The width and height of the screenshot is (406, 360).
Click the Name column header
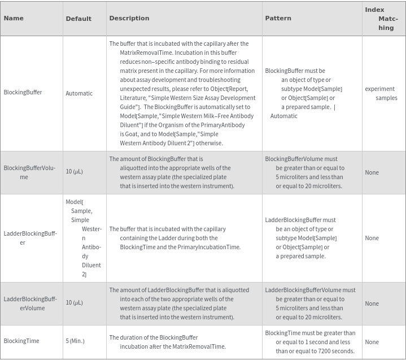(x=14, y=18)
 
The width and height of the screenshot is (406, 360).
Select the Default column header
(x=78, y=19)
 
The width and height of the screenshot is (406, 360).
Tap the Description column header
(x=129, y=18)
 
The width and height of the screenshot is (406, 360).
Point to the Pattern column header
(x=278, y=18)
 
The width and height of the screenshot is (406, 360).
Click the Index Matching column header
(x=383, y=19)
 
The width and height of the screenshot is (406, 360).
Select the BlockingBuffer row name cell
(x=23, y=92)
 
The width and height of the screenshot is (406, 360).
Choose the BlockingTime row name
(x=21, y=341)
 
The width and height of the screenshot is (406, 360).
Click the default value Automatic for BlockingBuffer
(x=79, y=93)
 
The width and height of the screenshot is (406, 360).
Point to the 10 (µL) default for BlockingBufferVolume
(x=74, y=171)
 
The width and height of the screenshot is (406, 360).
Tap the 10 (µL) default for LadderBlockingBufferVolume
(x=74, y=302)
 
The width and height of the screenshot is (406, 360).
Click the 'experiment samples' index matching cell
(x=382, y=93)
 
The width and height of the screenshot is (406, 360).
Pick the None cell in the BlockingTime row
(x=372, y=342)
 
